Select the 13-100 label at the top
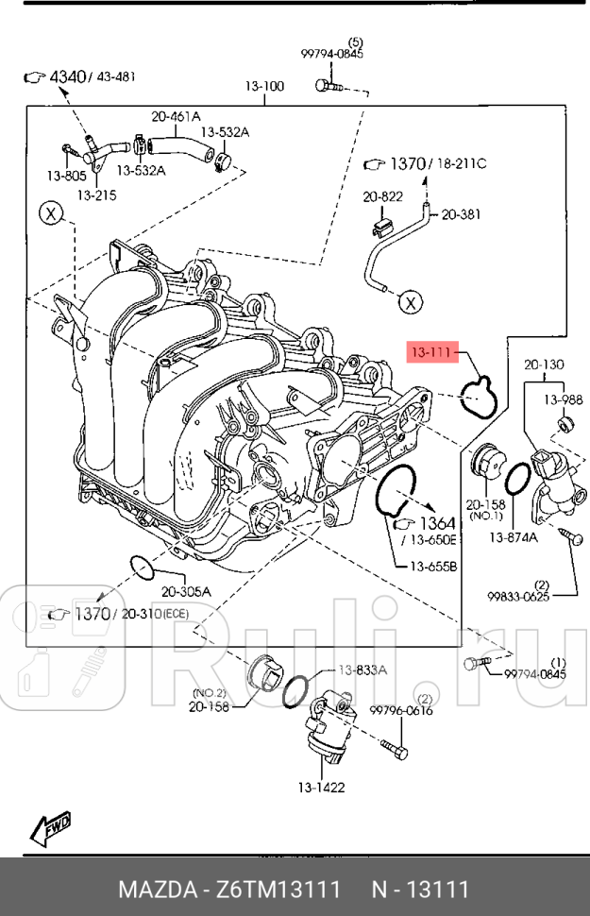[x=264, y=87]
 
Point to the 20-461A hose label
[x=177, y=117]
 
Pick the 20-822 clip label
[x=382, y=196]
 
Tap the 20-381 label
[x=461, y=214]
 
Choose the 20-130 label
[x=544, y=364]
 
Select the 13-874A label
[x=513, y=537]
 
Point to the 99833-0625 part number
[x=518, y=596]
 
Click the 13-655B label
[x=433, y=567]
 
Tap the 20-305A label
[x=186, y=592]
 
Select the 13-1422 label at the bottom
[x=322, y=787]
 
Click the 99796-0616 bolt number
[x=401, y=711]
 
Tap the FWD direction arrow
[x=51, y=828]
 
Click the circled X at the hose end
[x=409, y=302]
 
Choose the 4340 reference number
[x=67, y=76]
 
